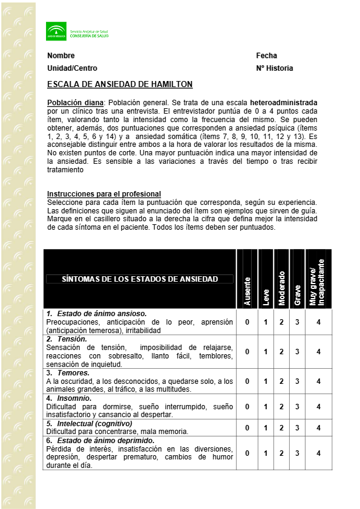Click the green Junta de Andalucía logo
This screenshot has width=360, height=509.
(x=56, y=31)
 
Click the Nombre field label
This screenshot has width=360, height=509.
(x=61, y=56)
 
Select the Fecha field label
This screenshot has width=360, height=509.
(x=266, y=56)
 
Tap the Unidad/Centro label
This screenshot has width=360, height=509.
(x=72, y=68)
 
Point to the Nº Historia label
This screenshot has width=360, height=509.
(x=274, y=68)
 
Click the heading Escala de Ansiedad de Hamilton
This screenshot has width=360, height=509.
(x=120, y=85)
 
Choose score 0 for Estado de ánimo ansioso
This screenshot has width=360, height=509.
(x=247, y=322)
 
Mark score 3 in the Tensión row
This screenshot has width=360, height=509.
(x=297, y=352)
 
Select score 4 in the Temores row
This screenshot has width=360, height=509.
(x=318, y=381)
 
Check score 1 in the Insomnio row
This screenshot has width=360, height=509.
(x=265, y=407)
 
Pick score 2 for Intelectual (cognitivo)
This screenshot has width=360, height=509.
(x=281, y=428)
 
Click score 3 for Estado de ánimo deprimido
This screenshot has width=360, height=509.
(x=297, y=453)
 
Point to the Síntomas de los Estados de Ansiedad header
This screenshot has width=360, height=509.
(x=140, y=279)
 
